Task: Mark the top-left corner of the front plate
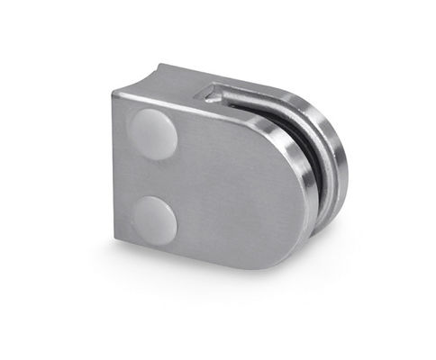tap(118, 96)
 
